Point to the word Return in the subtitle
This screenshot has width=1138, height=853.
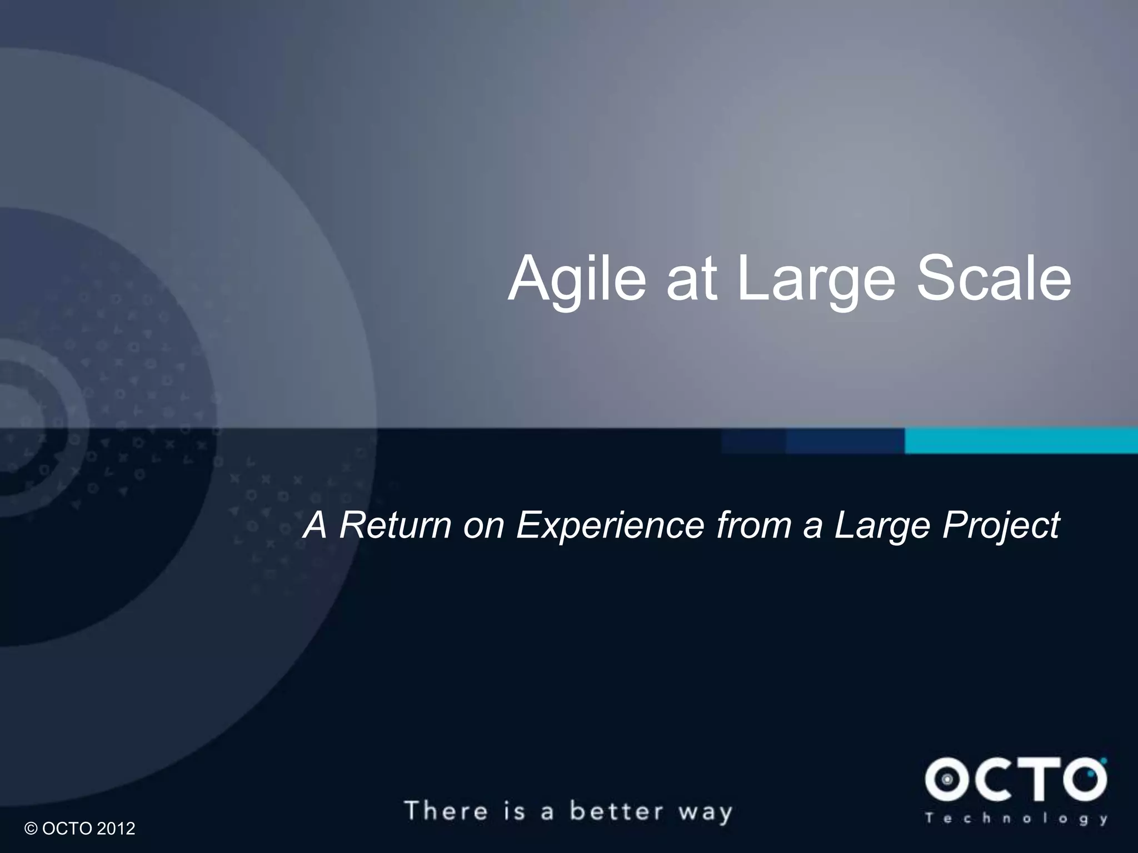pyautogui.click(x=395, y=525)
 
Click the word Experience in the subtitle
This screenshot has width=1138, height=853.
pyautogui.click(x=610, y=525)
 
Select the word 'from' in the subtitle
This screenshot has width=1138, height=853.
pyautogui.click(x=754, y=525)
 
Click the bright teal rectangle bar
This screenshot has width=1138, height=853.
pyautogui.click(x=1021, y=441)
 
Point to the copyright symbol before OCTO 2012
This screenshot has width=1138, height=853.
pyautogui.click(x=31, y=829)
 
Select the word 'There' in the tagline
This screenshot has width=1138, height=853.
pyautogui.click(x=447, y=811)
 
